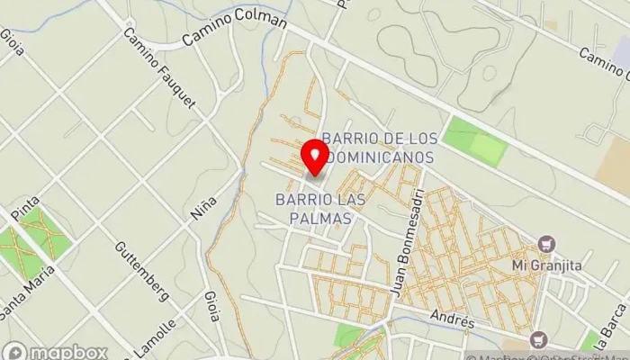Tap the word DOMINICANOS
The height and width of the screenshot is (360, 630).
click(x=383, y=157)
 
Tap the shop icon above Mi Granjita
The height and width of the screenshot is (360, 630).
click(x=544, y=244)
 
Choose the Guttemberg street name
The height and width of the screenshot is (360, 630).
click(x=142, y=271)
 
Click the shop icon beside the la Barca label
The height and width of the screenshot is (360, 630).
click(x=537, y=338)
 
